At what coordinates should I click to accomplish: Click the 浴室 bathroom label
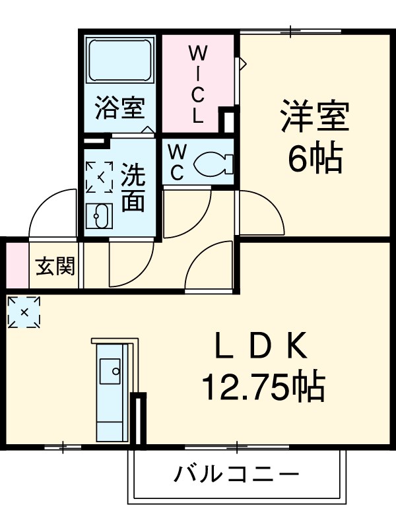coord(119,107)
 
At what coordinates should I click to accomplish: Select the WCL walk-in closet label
coord(198,83)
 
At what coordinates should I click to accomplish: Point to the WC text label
coord(176,162)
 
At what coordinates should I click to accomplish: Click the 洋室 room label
coord(313,117)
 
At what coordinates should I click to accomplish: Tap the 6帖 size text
coord(313,158)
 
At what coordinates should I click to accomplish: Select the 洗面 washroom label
coord(133,187)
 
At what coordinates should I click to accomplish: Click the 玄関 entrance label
coord(55,267)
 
